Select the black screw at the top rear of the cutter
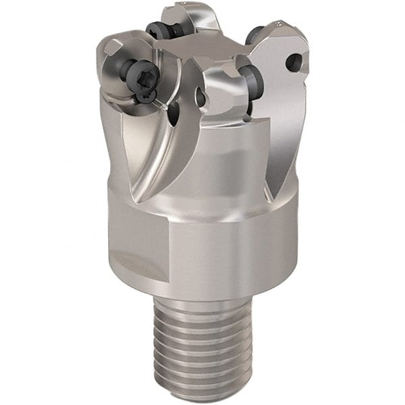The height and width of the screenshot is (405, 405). click(x=159, y=29)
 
